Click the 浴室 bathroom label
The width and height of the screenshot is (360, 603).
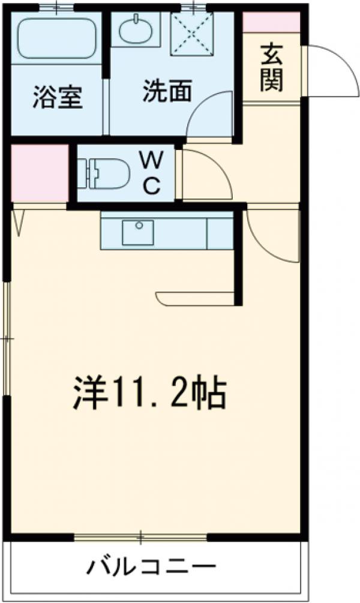(57, 98)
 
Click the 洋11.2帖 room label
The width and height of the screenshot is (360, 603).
(149, 393)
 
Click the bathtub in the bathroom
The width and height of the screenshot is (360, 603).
(58, 38)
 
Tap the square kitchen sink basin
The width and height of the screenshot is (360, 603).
(137, 232)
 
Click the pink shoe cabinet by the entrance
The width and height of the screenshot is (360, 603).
(270, 22)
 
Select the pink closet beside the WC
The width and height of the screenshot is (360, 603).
(38, 173)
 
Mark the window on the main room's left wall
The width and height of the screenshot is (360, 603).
(7, 339)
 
